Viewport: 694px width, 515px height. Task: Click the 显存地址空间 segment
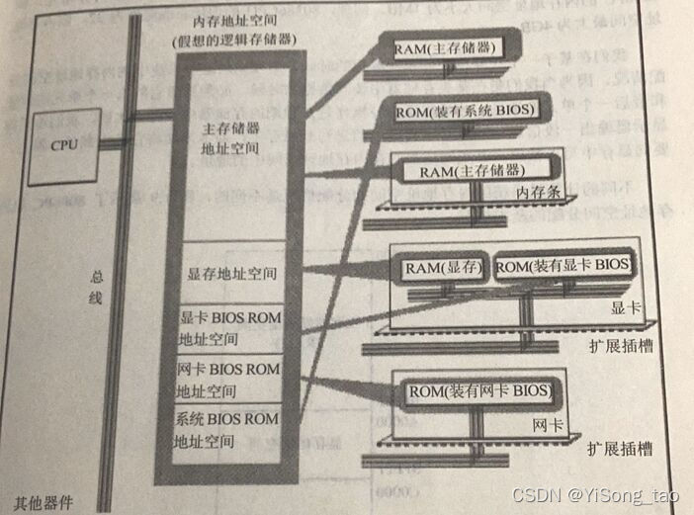[x=228, y=269]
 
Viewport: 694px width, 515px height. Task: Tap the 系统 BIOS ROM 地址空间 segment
[x=230, y=427]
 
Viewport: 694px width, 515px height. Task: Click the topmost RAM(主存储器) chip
[x=443, y=48]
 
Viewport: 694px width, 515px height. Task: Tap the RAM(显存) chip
[x=443, y=267]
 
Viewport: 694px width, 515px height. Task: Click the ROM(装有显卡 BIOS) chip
[x=563, y=266]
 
